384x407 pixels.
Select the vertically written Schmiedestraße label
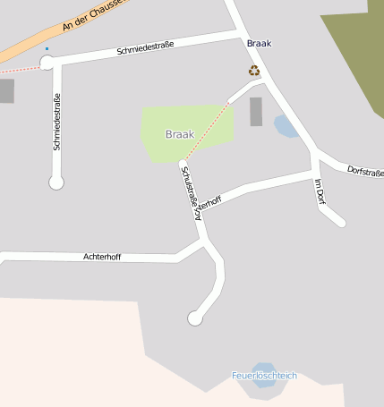(56, 122)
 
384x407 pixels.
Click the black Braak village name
(258, 43)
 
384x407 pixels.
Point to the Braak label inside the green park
(179, 134)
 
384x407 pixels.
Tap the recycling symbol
(254, 70)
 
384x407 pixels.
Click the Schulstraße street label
(189, 190)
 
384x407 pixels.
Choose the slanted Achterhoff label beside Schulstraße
(207, 205)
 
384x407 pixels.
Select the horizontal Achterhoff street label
(101, 257)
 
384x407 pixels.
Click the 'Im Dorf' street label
(319, 193)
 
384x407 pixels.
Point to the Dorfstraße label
(364, 169)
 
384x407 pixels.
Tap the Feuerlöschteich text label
(263, 376)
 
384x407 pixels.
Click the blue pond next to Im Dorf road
(286, 126)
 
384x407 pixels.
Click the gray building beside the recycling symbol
(256, 112)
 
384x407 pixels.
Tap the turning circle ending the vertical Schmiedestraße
(56, 182)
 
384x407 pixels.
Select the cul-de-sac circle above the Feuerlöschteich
(194, 318)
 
